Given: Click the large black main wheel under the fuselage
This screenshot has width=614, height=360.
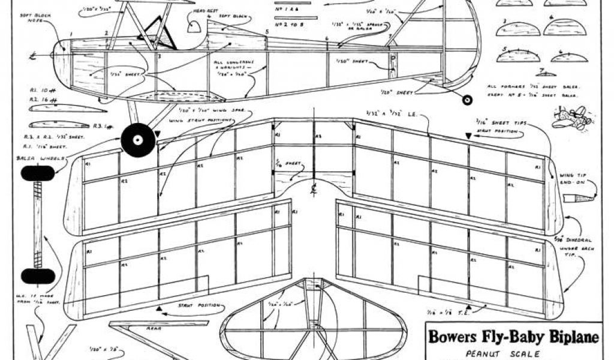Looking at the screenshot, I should (x=138, y=140).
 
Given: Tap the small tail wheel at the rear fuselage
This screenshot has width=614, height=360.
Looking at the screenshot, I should (x=468, y=100).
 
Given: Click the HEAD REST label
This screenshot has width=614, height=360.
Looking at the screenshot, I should (x=201, y=13).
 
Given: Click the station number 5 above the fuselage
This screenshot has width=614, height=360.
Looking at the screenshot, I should (x=267, y=31).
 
